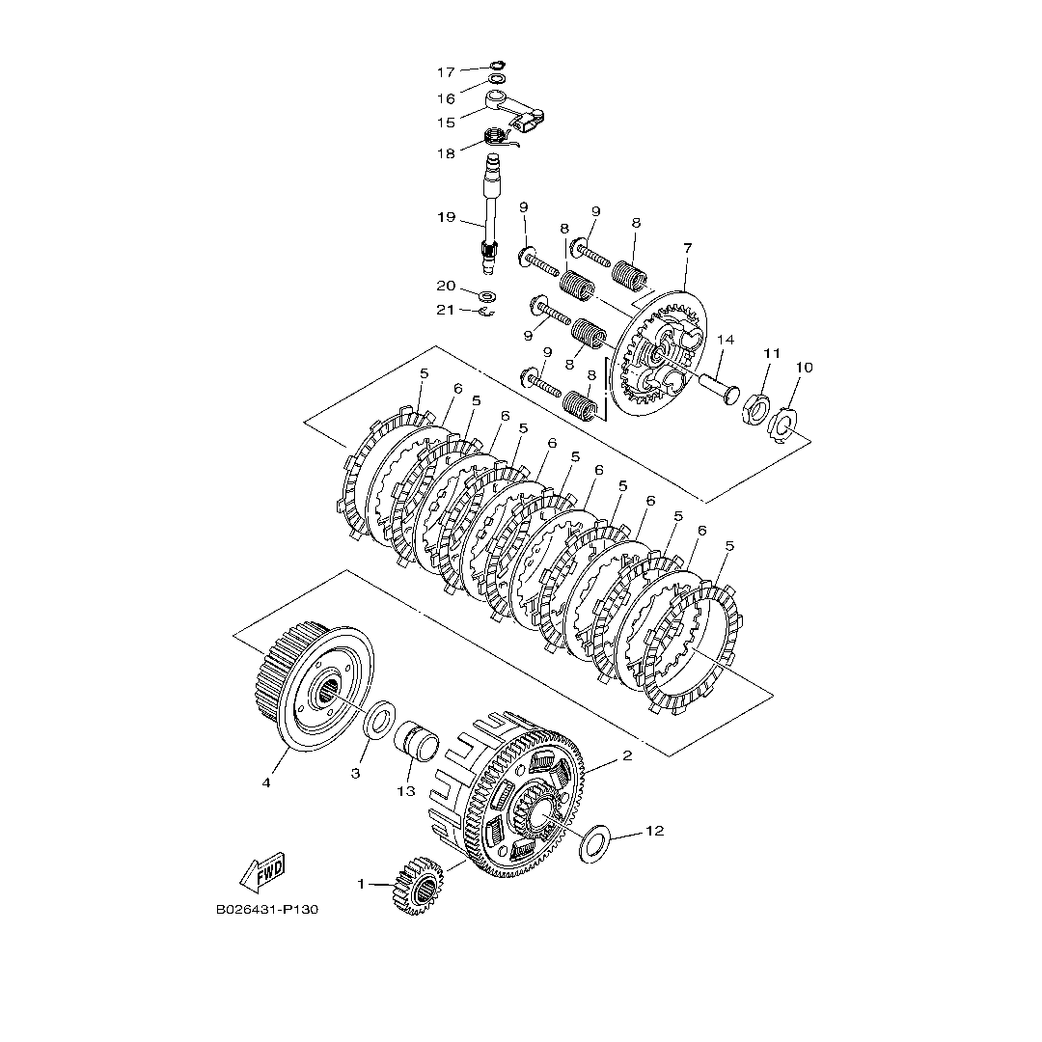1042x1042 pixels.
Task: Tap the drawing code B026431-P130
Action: pyautogui.click(x=268, y=909)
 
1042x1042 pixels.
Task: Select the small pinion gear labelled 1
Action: pyautogui.click(x=417, y=885)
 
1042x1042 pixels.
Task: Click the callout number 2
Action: pyautogui.click(x=626, y=755)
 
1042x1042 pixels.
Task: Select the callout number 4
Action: pyautogui.click(x=266, y=782)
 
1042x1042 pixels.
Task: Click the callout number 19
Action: pyautogui.click(x=445, y=217)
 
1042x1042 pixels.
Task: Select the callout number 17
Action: pyautogui.click(x=445, y=72)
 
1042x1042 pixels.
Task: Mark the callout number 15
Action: pyautogui.click(x=445, y=123)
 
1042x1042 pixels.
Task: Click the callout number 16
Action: pyautogui.click(x=445, y=98)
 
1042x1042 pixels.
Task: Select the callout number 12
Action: pyautogui.click(x=654, y=831)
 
